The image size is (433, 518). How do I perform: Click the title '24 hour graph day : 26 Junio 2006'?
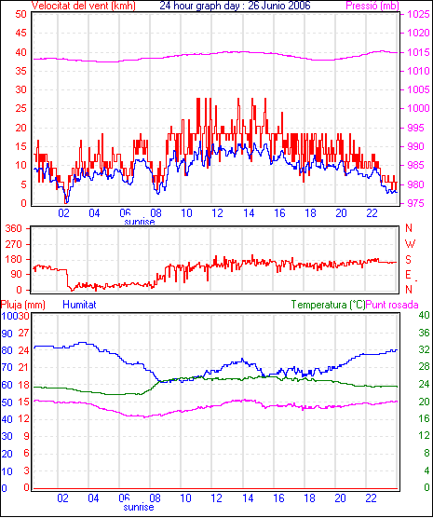pos(235,6)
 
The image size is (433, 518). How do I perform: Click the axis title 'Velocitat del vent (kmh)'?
pos(84,6)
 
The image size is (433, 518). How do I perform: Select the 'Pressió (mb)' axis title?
pos(372,6)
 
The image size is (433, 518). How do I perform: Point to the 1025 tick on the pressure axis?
pos(418,15)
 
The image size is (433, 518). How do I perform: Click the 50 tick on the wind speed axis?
pos(21,15)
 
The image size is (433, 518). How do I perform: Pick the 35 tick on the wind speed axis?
pos(21,71)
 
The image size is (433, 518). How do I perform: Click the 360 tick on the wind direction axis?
pos(14,228)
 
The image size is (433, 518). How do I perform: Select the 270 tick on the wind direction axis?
pos(14,244)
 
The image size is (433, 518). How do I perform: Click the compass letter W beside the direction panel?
pos(410,244)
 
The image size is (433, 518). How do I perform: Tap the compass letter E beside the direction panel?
pos(408,275)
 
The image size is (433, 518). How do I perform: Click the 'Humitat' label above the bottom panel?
pos(79,305)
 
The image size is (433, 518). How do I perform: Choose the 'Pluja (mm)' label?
pos(23,305)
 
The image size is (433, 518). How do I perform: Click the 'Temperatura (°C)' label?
pos(328,305)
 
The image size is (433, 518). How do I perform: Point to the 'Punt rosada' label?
pos(392,305)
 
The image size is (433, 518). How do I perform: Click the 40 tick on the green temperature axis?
pos(424,315)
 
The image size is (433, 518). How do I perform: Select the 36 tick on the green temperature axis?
pos(424,333)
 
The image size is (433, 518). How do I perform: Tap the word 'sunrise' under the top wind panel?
pos(140,222)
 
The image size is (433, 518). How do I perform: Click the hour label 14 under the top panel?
pos(249,213)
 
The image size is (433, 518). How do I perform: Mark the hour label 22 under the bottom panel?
pos(371,498)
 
